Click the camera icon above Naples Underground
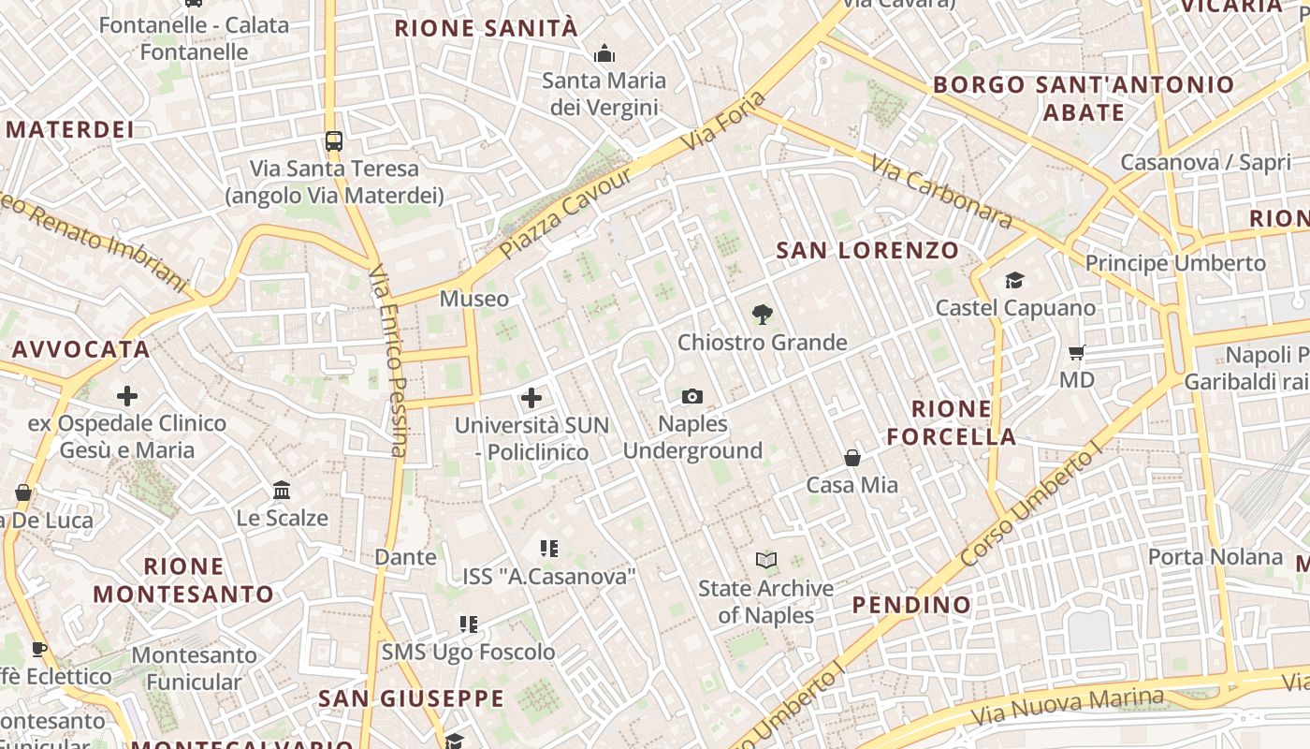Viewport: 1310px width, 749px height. [x=692, y=396]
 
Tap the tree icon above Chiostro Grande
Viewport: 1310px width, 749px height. [x=763, y=314]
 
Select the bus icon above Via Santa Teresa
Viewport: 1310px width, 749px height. [x=334, y=141]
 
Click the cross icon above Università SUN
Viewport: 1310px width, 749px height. [x=531, y=398]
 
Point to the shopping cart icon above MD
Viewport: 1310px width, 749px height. [x=1077, y=353]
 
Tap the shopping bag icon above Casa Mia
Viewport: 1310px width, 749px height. [x=852, y=458]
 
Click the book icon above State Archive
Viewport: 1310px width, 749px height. [x=766, y=560]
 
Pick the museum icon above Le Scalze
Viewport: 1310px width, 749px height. [x=282, y=490]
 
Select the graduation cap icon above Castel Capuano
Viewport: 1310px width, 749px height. [x=1014, y=280]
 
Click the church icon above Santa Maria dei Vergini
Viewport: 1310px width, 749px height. [x=604, y=53]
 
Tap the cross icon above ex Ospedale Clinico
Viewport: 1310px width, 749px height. [x=127, y=396]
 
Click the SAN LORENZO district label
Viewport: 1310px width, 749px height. [x=868, y=250]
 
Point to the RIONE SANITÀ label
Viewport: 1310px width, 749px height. [x=487, y=28]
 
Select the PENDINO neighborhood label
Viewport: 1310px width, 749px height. [x=912, y=605]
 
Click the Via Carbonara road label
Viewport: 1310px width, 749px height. [x=940, y=193]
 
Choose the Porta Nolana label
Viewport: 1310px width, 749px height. [x=1215, y=557]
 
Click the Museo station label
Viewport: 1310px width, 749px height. [x=474, y=299]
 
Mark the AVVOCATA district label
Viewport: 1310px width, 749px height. [x=80, y=350]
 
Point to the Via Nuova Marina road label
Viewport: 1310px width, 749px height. [x=1067, y=708]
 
